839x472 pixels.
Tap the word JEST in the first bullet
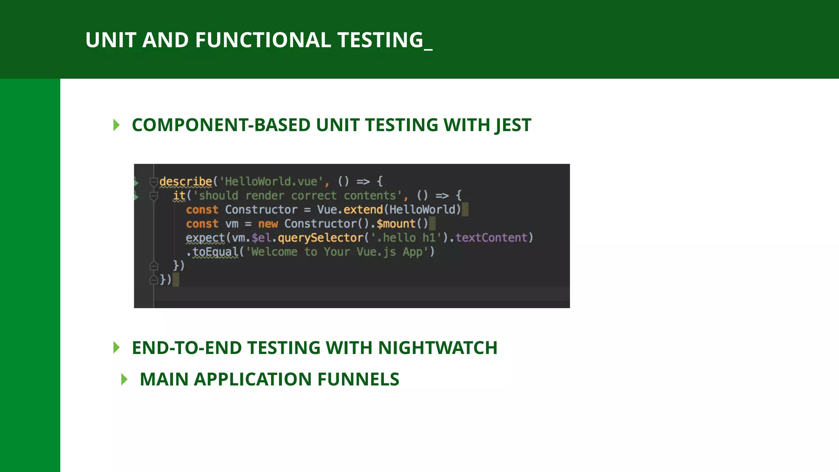click(x=512, y=125)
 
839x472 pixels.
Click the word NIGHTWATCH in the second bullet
click(x=438, y=348)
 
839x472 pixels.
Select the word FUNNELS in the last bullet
click(x=358, y=379)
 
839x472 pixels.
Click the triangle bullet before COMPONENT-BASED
click(x=116, y=125)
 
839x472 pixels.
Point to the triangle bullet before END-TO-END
click(x=116, y=347)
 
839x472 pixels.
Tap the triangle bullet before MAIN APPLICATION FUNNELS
click(x=125, y=379)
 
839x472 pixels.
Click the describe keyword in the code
click(x=186, y=182)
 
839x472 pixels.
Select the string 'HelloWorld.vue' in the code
click(x=271, y=182)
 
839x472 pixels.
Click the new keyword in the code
click(x=268, y=224)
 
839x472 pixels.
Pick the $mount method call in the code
click(x=396, y=224)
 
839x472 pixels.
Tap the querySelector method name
click(x=320, y=238)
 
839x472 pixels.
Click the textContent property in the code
click(x=491, y=238)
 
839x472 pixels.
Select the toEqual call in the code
click(x=215, y=252)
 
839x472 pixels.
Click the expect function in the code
click(x=205, y=238)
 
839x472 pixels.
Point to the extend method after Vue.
click(x=363, y=210)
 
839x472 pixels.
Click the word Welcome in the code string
click(x=274, y=252)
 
